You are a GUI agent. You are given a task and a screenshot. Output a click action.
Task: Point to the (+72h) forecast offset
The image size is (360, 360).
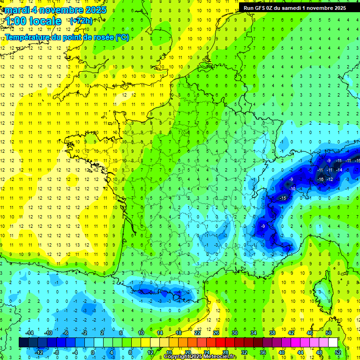pyautogui.click(x=81, y=21)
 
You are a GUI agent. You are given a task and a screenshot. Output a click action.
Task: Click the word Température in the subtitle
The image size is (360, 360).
pyautogui.click(x=27, y=37)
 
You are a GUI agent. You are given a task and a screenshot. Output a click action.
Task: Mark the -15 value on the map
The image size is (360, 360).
pyautogui.click(x=282, y=199)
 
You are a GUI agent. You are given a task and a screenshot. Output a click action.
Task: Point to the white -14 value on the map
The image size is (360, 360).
pyautogui.click(x=339, y=170)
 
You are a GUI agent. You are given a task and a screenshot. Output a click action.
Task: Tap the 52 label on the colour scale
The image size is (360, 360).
pyautogui.click(x=337, y=352)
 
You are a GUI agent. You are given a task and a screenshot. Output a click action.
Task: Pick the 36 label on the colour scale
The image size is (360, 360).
pyautogui.click(x=262, y=352)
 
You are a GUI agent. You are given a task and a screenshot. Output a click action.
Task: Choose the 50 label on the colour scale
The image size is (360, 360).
pyautogui.click(x=329, y=333)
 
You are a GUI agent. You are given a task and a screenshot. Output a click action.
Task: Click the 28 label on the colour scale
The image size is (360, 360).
pyautogui.click(x=225, y=352)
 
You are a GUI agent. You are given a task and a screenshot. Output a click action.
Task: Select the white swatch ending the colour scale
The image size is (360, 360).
pyautogui.click(x=333, y=343)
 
